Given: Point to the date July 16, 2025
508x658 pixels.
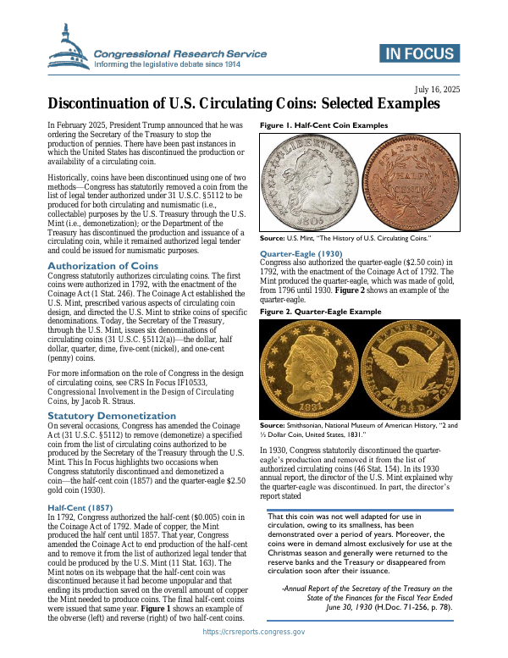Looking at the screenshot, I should point(436,89).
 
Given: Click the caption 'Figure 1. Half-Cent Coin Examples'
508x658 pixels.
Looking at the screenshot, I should point(323,124).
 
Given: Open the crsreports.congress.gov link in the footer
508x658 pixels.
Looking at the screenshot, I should point(254,633).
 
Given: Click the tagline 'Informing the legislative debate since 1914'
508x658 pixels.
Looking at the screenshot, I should point(179,64).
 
